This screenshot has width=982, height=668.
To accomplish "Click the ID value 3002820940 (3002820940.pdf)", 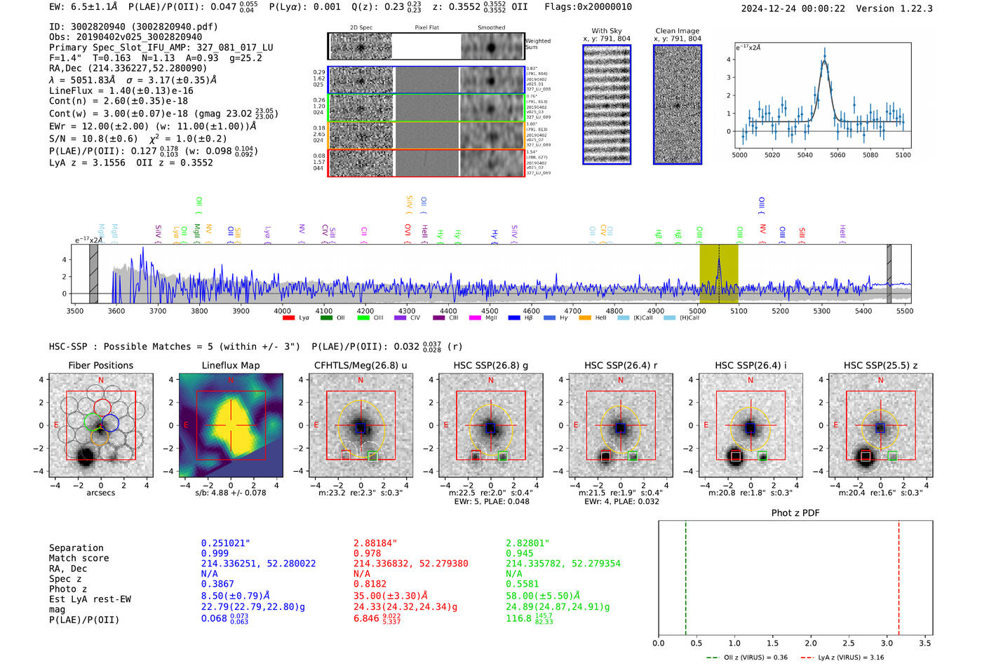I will coord(133,27).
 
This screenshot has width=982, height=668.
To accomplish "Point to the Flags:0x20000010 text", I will coord(588,6).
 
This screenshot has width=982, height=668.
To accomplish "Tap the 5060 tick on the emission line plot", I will coord(838,155).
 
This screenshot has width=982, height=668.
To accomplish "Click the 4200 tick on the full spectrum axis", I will coord(365,311).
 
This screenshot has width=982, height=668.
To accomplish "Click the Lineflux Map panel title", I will coord(231,365).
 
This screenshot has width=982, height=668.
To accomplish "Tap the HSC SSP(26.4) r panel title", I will coord(620,365).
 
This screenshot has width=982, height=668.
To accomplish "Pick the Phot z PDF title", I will coord(795,513).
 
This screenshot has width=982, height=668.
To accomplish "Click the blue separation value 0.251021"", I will coord(225,543).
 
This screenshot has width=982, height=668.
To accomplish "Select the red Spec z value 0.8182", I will coord(370,584).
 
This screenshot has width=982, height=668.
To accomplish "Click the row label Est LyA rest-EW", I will coord(90,599).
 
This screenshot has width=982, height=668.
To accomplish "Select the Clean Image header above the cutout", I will coord(677,31).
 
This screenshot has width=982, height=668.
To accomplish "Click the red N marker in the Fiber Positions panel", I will coord(101,381).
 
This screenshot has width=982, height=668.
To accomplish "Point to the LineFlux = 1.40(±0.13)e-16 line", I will coord(121,90).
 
